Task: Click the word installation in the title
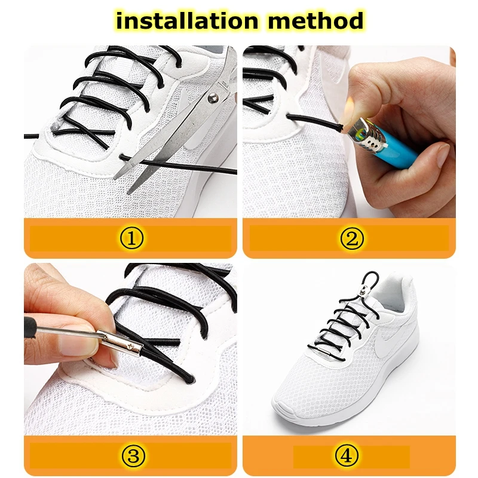click(x=186, y=22)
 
